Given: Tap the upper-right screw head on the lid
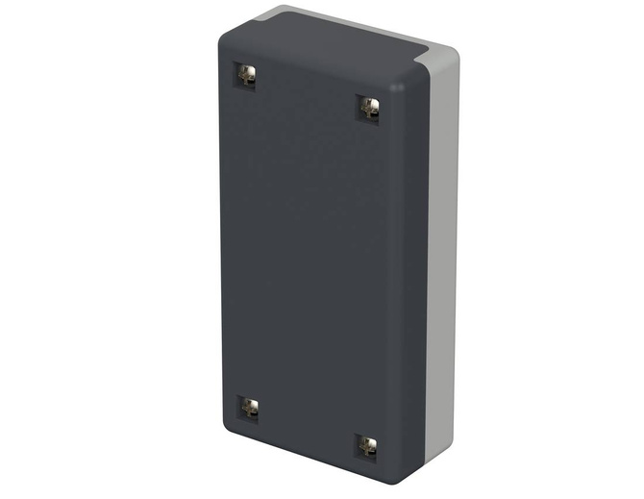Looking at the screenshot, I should point(368,108).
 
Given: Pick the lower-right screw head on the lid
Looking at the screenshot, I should point(367,445).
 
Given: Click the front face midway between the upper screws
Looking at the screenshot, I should point(308,91).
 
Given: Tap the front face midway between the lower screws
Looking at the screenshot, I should point(308,427).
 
